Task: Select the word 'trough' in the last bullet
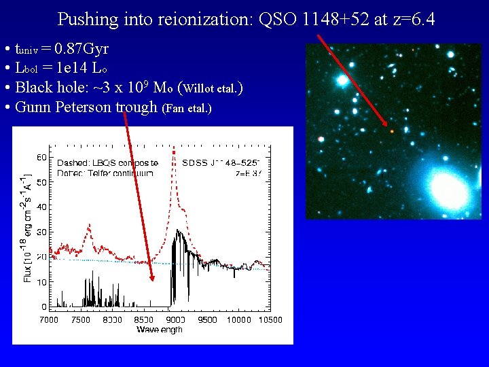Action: pyautogui.click(x=137, y=107)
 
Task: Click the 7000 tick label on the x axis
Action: pyautogui.click(x=49, y=319)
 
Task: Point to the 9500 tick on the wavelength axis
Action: pyautogui.click(x=207, y=319)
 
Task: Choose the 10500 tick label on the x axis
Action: pyautogui.click(x=270, y=319)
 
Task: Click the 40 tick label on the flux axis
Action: pyautogui.click(x=41, y=207)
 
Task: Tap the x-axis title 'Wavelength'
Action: pyautogui.click(x=160, y=330)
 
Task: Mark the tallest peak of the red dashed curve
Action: pyautogui.click(x=175, y=148)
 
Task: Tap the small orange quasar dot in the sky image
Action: pyautogui.click(x=391, y=130)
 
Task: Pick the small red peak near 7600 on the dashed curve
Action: pyautogui.click(x=89, y=226)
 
